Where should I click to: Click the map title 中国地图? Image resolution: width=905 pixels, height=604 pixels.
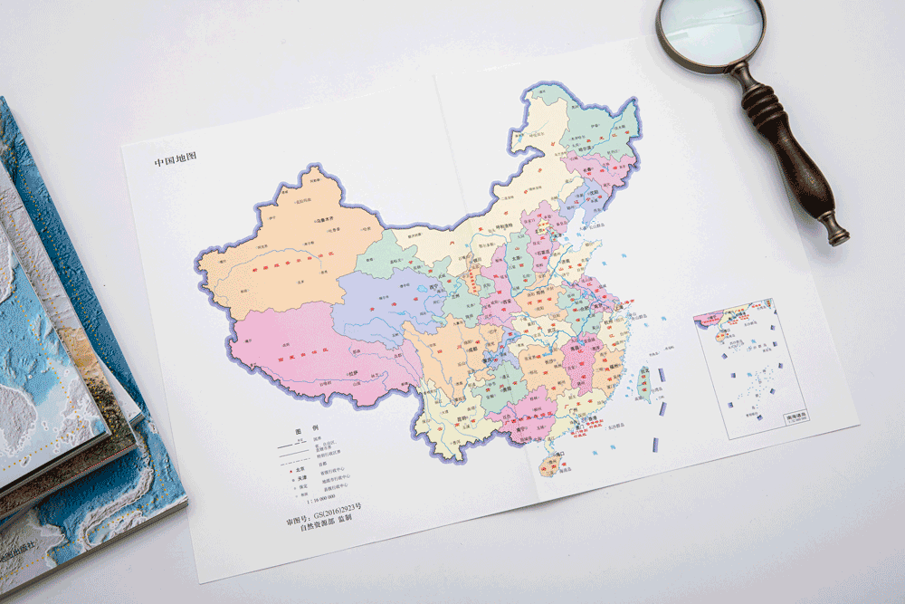tap(175, 160)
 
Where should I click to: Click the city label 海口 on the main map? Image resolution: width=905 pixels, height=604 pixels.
tap(559, 453)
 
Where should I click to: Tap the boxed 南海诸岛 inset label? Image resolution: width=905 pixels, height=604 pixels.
tap(796, 416)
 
